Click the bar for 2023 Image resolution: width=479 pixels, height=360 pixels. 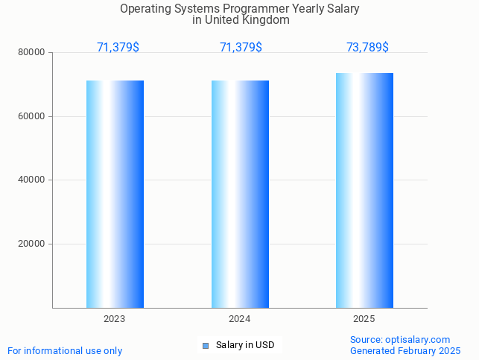pos(115,194)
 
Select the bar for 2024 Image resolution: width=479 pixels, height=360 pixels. pos(240,194)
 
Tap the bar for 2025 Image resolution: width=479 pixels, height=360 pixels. pos(364,190)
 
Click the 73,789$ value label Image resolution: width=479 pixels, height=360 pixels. pos(367,48)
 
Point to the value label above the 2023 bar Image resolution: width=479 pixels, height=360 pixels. pos(118,48)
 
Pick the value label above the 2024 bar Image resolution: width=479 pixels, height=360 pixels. pos(241,48)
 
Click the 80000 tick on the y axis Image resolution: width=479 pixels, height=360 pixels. pos(32,53)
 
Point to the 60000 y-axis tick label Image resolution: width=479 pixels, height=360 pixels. pos(32,116)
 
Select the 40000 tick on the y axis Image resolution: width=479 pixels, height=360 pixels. pos(32,180)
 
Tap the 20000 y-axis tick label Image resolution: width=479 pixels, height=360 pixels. pos(32,244)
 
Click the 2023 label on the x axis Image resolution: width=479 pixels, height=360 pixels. pos(115,319)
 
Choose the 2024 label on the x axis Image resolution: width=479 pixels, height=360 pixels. pos(240,319)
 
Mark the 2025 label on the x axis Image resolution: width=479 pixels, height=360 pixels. pos(364,319)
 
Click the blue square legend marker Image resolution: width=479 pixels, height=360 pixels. pos(206,345)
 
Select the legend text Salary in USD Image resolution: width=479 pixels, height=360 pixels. pos(245,345)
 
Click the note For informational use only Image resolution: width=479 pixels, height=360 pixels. pos(65,350)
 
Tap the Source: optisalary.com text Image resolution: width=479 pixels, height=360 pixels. pos(400,340)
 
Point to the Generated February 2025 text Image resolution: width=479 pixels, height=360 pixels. pos(405,350)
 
